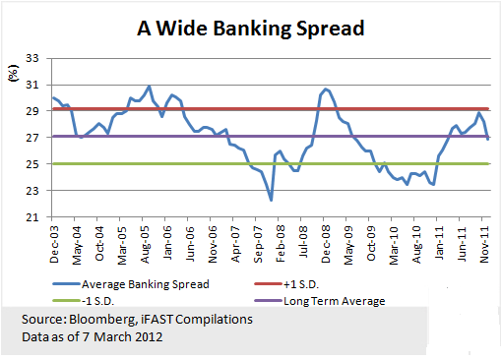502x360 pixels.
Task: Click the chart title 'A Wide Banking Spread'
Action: coord(251,29)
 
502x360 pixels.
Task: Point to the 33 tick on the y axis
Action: coord(32,58)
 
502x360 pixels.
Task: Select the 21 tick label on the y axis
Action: coord(32,217)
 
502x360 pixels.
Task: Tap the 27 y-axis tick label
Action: coord(32,138)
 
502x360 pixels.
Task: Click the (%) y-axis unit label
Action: coord(13,73)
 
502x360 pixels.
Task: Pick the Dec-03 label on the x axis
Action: coord(54,245)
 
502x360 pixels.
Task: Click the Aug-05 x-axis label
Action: coord(145,245)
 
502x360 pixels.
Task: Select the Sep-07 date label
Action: coord(258,245)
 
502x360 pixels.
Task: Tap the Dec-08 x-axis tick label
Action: coord(326,245)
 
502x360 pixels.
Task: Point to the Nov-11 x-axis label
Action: coord(484,245)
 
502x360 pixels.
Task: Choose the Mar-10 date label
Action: coord(394,245)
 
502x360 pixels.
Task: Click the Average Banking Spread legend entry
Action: coord(131,284)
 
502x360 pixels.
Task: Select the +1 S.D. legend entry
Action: coord(286,284)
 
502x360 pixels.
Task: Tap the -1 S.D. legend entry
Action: coord(84,301)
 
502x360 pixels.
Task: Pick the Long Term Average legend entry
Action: coord(320,301)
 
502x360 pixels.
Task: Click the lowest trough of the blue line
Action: coord(271,200)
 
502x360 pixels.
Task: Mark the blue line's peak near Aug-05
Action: coord(149,87)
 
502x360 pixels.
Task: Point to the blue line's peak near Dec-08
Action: coord(326,89)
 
